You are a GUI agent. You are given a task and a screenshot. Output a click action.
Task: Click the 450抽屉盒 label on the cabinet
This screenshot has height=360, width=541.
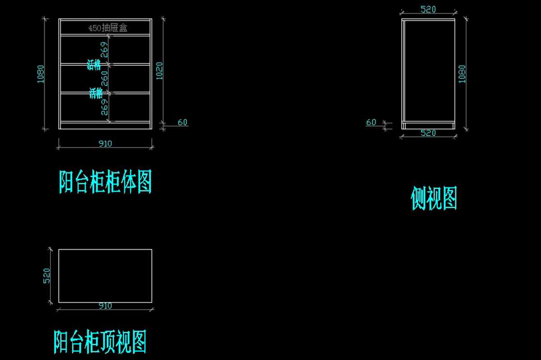click(x=108, y=28)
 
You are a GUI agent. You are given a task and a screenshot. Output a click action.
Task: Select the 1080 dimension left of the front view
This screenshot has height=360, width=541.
click(x=41, y=74)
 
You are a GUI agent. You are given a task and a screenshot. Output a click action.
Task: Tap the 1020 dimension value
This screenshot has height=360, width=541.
click(x=159, y=71)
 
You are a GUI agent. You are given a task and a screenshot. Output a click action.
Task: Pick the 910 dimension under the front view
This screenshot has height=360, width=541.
click(x=105, y=144)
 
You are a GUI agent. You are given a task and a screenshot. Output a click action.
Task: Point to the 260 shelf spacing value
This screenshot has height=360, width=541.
click(x=105, y=78)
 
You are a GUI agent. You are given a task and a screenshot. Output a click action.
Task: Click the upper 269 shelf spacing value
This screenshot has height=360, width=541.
click(x=104, y=50)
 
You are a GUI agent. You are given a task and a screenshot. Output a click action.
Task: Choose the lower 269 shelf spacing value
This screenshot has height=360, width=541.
click(x=105, y=107)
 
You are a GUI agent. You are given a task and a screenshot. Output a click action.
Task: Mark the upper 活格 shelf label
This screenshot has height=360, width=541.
click(x=94, y=65)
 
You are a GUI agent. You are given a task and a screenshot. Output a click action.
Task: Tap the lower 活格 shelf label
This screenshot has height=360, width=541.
click(x=96, y=94)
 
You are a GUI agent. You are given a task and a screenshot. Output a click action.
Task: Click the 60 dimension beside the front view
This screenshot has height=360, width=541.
click(x=183, y=122)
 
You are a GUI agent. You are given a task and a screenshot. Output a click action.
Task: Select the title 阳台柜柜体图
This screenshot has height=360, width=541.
click(x=105, y=182)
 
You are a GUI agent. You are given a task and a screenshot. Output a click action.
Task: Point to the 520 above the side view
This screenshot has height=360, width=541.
click(x=428, y=9)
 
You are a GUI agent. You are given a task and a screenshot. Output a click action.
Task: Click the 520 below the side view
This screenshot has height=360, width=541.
click(x=428, y=133)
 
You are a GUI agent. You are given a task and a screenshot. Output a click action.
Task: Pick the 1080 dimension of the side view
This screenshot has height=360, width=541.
click(x=462, y=74)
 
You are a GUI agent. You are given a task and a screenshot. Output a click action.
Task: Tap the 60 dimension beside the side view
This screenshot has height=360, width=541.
click(x=371, y=122)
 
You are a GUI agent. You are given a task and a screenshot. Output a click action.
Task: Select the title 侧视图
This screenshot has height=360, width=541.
click(x=434, y=199)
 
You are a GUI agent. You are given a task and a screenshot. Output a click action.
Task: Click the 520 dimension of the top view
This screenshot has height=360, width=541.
click(x=46, y=276)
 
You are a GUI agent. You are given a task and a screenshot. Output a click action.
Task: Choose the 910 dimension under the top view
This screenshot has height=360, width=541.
click(x=105, y=306)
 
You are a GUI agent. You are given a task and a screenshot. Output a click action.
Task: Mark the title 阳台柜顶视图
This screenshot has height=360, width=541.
click(x=100, y=342)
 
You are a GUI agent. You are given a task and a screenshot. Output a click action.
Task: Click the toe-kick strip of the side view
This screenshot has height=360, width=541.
click(x=428, y=125)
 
